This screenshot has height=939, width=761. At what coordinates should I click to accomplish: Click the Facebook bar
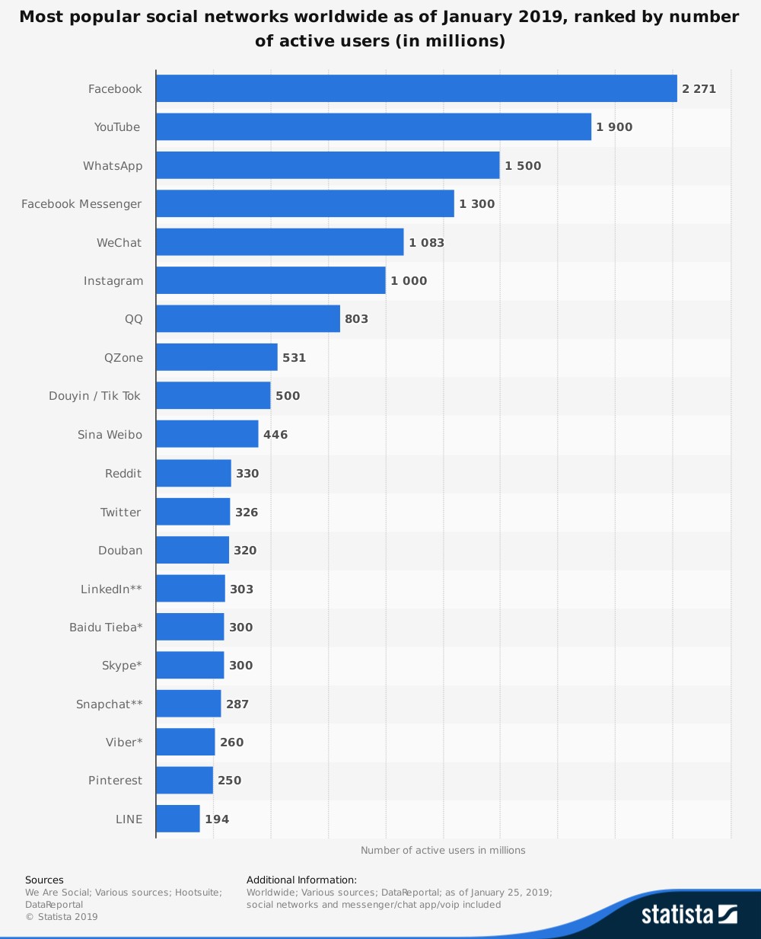(x=416, y=88)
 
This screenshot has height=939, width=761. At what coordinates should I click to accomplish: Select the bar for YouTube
(x=374, y=127)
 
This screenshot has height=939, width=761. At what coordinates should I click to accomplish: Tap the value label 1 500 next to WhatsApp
(x=523, y=166)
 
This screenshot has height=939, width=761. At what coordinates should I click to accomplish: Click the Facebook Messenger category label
(x=81, y=204)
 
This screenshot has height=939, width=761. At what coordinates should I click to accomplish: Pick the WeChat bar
(x=280, y=242)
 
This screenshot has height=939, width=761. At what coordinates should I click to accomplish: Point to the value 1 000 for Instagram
(x=409, y=281)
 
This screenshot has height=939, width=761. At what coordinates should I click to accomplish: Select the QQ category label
(x=134, y=319)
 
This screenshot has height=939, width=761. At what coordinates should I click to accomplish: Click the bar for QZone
(x=217, y=357)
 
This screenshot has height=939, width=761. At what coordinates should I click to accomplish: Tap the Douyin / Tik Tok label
(x=95, y=396)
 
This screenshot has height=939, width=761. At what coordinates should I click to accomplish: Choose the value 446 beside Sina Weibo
(x=275, y=435)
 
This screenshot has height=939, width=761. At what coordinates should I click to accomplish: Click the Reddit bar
(x=193, y=473)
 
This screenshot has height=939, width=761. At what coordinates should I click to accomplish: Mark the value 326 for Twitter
(x=247, y=513)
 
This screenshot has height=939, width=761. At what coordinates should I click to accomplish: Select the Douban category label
(x=120, y=551)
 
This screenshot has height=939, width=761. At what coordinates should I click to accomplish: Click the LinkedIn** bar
(x=190, y=589)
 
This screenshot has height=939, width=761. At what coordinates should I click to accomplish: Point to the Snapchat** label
(x=109, y=704)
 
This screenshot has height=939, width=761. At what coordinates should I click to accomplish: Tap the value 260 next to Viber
(x=231, y=743)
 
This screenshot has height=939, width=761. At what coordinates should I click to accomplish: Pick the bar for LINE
(x=178, y=819)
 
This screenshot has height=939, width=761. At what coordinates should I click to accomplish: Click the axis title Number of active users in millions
(x=443, y=850)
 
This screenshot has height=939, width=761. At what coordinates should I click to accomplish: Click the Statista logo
(x=689, y=914)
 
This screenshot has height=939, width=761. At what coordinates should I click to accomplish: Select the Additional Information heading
(x=301, y=880)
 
